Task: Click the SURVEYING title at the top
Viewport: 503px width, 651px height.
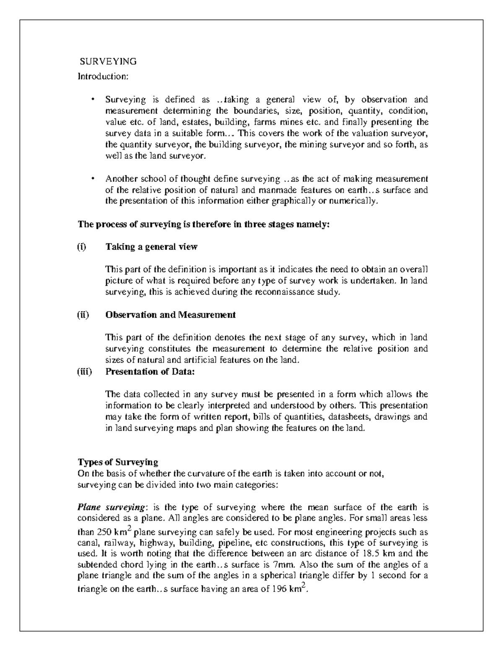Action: coord(108,62)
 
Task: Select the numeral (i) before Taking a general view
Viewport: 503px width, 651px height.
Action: coord(82,247)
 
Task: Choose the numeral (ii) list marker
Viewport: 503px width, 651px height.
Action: coord(83,315)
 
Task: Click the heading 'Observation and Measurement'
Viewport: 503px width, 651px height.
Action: coord(170,315)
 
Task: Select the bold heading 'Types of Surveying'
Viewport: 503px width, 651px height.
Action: coord(118,462)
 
